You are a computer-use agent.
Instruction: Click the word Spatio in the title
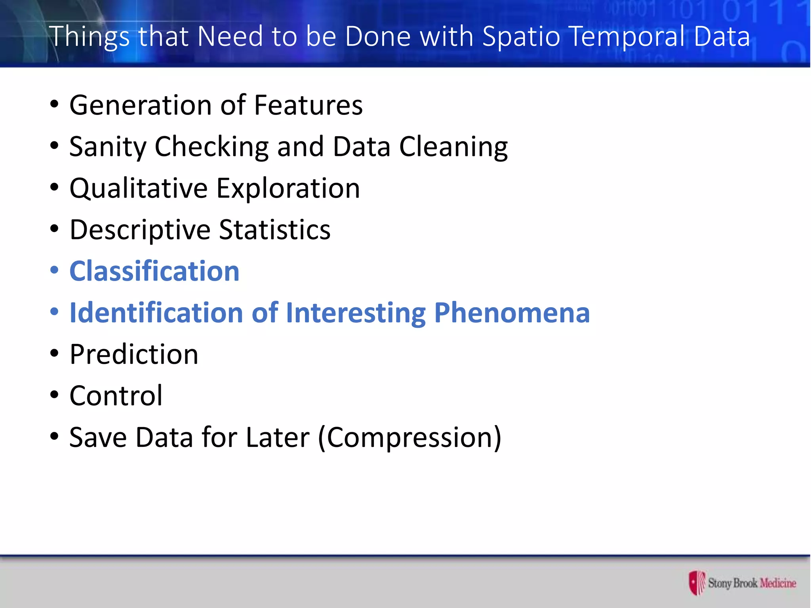pos(522,37)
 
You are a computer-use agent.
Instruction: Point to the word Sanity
pos(108,147)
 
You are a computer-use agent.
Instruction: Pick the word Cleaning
pos(453,147)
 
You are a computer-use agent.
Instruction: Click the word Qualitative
pos(139,188)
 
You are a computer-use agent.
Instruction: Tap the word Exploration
pos(288,188)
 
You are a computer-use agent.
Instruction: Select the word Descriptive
pos(139,230)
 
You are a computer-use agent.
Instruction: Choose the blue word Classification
pos(154,272)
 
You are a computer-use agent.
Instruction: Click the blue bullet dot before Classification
pos(54,270)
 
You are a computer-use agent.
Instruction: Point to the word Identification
pos(156,313)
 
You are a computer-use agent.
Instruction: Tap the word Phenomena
pos(512,313)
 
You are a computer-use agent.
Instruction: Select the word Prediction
pos(134,354)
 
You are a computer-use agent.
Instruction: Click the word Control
pos(116,396)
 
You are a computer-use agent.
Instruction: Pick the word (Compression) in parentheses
pos(410,438)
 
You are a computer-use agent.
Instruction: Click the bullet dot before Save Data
pos(54,437)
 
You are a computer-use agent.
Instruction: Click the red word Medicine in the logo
pos(778,583)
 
